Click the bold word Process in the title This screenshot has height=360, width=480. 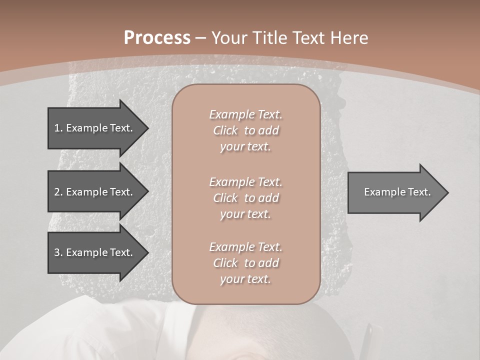pos(157,38)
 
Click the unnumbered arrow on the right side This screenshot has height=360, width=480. pos(395,192)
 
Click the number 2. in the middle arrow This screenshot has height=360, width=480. pos(58,192)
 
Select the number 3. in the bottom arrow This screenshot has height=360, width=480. pos(58,252)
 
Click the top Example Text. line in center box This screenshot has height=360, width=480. pos(245,114)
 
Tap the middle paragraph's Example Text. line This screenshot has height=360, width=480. pos(245,182)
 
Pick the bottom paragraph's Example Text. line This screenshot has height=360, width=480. pos(245,247)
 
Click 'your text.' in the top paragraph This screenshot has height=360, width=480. pos(245,147)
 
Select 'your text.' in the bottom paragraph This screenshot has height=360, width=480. pos(245,279)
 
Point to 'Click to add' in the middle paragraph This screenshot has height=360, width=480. pos(245,198)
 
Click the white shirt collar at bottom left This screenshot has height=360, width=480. pos(150,330)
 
